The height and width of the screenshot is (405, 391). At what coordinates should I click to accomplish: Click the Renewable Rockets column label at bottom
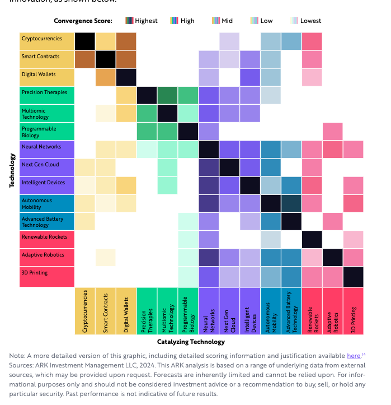coord(312,310)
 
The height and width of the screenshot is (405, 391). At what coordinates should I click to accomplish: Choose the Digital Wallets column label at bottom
coord(126,310)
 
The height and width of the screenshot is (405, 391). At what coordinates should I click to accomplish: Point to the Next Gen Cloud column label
coord(229,310)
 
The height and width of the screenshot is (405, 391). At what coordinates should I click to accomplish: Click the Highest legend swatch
coord(130,21)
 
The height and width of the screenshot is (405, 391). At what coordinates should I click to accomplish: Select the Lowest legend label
coord(311,21)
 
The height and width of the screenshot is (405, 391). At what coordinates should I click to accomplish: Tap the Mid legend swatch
coord(216,21)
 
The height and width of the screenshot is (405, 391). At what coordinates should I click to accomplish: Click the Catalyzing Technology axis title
coord(191,342)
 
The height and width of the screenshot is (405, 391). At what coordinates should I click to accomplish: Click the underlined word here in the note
coord(354,356)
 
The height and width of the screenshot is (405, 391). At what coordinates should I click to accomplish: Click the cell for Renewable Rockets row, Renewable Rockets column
coord(312,239)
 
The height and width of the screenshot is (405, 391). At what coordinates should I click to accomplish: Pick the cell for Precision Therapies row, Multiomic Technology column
coord(167,95)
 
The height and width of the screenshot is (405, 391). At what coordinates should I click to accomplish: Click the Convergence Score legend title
coord(83,21)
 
